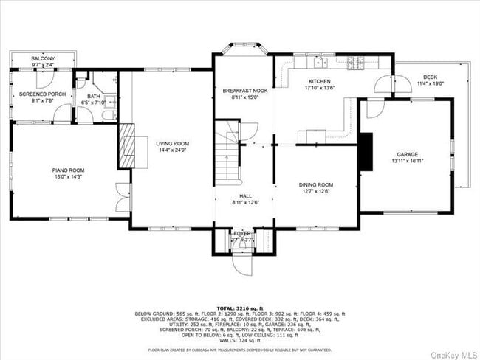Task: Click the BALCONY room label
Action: [43, 58]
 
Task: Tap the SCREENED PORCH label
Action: [43, 94]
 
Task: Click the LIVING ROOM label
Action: [172, 143]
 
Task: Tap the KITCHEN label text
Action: [319, 81]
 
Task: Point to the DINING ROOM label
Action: [316, 184]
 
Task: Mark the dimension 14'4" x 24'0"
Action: [172, 150]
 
